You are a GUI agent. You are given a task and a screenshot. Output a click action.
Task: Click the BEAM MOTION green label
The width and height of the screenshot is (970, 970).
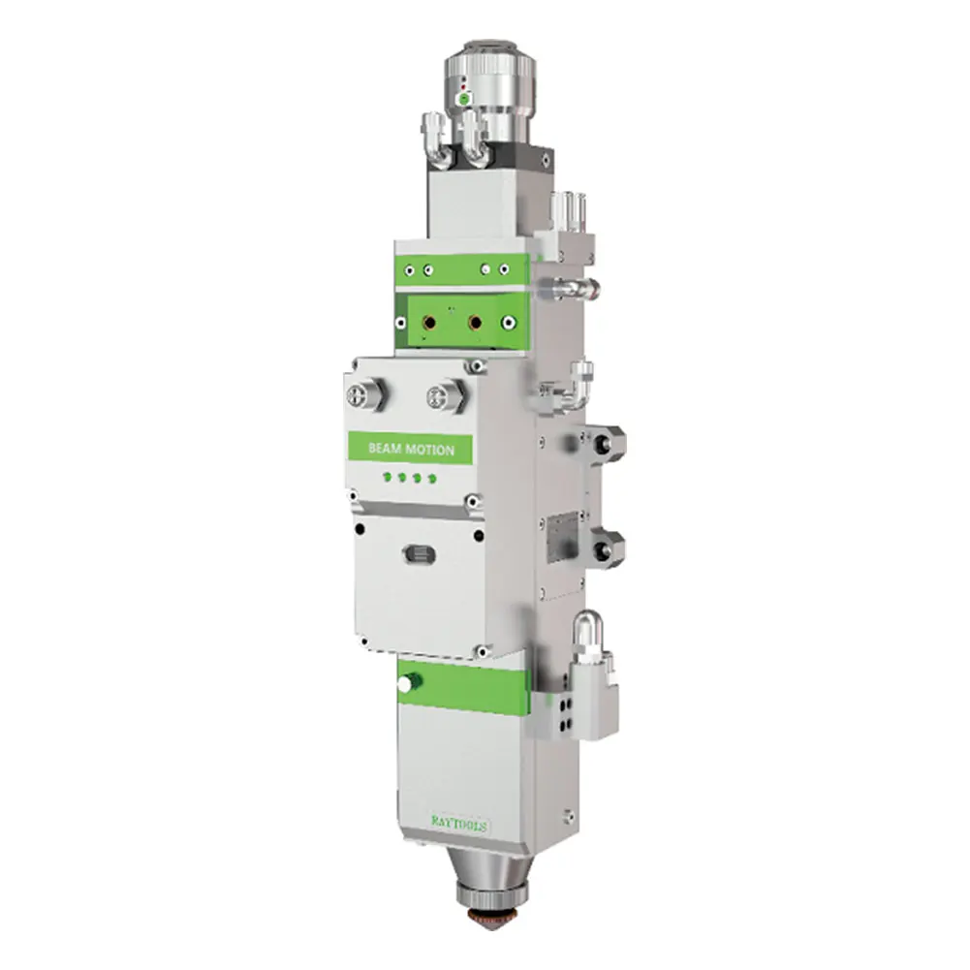tap(410, 448)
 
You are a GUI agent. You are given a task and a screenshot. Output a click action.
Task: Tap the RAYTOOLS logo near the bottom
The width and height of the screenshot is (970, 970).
tap(459, 824)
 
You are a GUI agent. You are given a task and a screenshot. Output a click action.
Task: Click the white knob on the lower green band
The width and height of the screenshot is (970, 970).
tap(405, 684)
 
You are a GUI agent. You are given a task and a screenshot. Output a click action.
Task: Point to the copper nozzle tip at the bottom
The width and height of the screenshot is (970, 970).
tap(492, 921)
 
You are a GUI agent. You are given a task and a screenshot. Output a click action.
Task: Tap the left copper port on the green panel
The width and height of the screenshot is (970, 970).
tap(428, 323)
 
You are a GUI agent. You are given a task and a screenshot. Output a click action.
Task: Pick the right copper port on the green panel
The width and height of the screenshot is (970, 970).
tap(475, 323)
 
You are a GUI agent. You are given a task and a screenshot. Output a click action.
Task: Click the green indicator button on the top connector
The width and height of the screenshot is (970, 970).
tap(462, 99)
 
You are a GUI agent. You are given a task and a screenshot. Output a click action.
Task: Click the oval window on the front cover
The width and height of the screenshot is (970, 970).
tap(419, 555)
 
